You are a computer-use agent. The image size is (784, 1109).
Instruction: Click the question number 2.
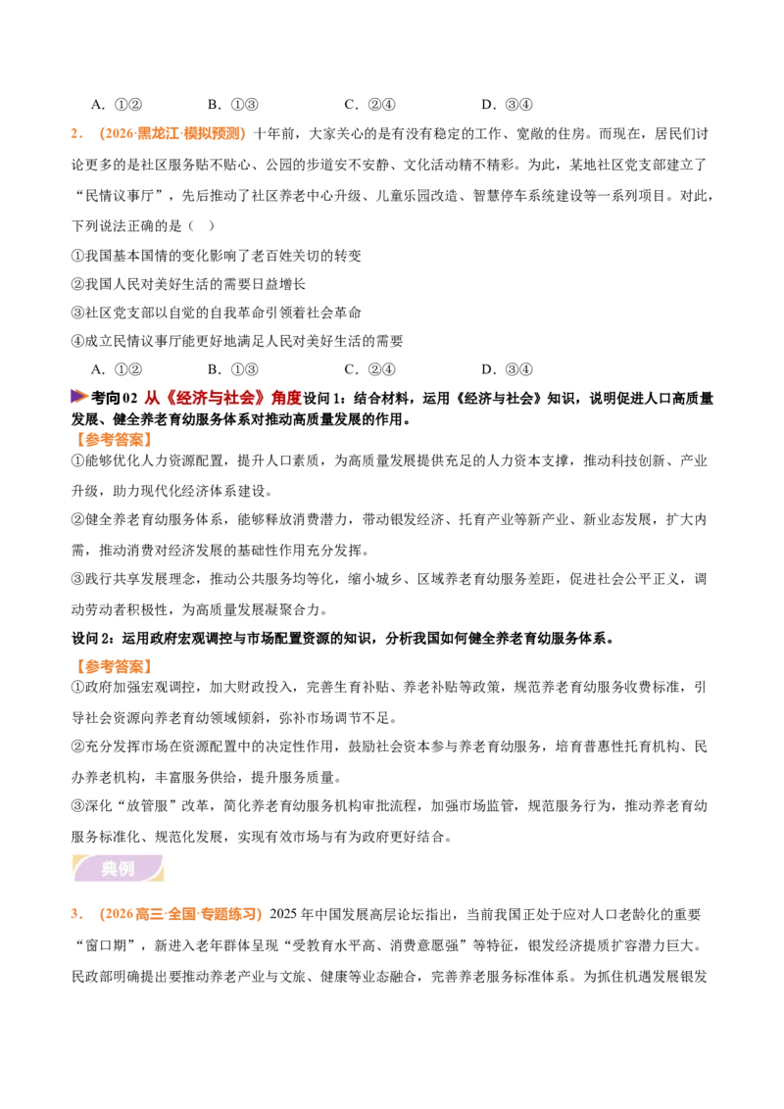tap(76, 133)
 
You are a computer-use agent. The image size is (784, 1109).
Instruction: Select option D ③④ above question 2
tap(507, 105)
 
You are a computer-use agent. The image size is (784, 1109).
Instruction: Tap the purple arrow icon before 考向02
tap(80, 397)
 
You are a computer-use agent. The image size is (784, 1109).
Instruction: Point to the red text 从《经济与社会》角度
tap(222, 398)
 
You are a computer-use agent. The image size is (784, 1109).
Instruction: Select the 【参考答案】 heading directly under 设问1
tap(114, 440)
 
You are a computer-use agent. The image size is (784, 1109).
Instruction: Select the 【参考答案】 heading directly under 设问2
tap(114, 666)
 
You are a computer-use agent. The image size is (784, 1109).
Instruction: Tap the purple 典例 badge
tap(118, 869)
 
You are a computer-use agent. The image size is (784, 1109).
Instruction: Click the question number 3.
tap(76, 914)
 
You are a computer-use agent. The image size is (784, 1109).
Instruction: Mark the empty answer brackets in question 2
tap(201, 225)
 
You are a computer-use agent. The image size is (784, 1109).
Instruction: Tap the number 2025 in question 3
tap(284, 914)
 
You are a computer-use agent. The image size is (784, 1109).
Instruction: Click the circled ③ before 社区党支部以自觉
tap(77, 313)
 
